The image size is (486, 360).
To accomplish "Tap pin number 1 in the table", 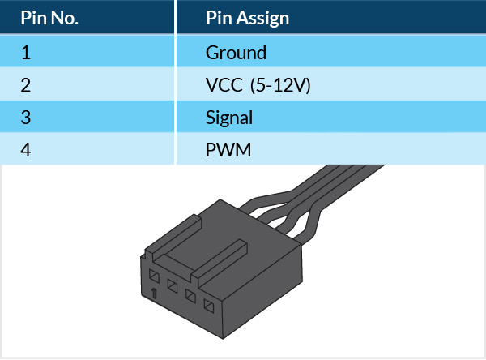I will pyautogui.click(x=25, y=54).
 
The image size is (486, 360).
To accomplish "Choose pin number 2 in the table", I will pyautogui.click(x=26, y=85).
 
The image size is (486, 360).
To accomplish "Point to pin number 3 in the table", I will pyautogui.click(x=26, y=118).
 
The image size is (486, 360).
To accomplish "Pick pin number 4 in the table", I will pyautogui.click(x=26, y=150).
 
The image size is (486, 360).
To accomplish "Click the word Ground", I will pyautogui.click(x=236, y=54).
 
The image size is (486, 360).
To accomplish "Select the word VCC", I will pyautogui.click(x=224, y=85).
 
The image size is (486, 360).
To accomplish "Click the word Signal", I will pyautogui.click(x=229, y=118).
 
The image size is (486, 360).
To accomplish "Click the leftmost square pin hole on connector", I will pyautogui.click(x=154, y=274).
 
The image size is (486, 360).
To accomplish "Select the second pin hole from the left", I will pyautogui.click(x=172, y=285).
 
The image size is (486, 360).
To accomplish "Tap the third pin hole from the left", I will pyautogui.click(x=190, y=295).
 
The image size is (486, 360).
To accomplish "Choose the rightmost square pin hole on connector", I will pyautogui.click(x=209, y=306).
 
